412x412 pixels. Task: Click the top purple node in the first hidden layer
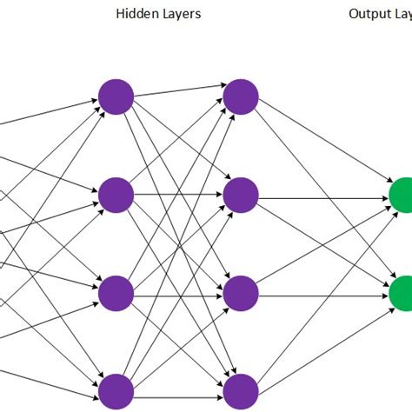[x=116, y=96]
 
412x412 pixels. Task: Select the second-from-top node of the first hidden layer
[x=116, y=196]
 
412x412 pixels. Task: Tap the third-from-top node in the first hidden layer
[x=116, y=294]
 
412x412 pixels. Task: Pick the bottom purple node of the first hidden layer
[x=116, y=392]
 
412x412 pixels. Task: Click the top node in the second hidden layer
[x=241, y=96]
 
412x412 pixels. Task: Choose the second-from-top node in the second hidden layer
[x=241, y=196]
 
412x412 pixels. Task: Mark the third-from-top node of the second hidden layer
[x=241, y=294]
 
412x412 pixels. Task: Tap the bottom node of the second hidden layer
[x=241, y=392]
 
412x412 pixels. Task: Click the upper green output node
[x=402, y=196]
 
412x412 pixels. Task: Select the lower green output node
[x=402, y=294]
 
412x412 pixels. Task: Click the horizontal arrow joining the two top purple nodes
[x=178, y=91]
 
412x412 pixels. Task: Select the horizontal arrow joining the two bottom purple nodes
[x=178, y=392]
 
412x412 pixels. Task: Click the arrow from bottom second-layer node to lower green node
[x=322, y=342]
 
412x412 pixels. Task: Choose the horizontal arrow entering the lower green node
[x=322, y=294]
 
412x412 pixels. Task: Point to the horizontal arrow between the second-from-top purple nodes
[x=178, y=196]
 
